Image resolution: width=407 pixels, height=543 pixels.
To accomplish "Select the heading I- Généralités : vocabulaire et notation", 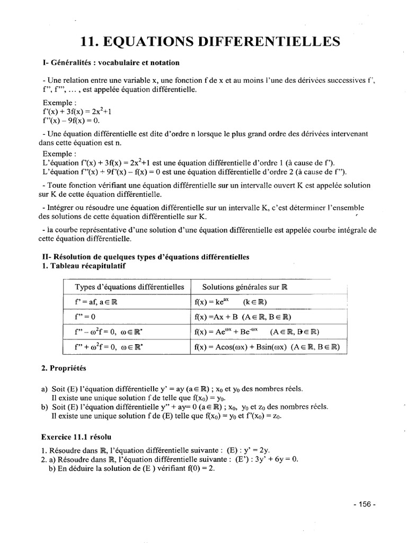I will (x=111, y=63).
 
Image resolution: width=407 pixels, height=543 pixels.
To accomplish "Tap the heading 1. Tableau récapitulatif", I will (x=83, y=266).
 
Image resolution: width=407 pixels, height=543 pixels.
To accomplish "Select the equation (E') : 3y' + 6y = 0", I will (x=267, y=459).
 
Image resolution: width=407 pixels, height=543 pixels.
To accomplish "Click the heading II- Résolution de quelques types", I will (x=145, y=257).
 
